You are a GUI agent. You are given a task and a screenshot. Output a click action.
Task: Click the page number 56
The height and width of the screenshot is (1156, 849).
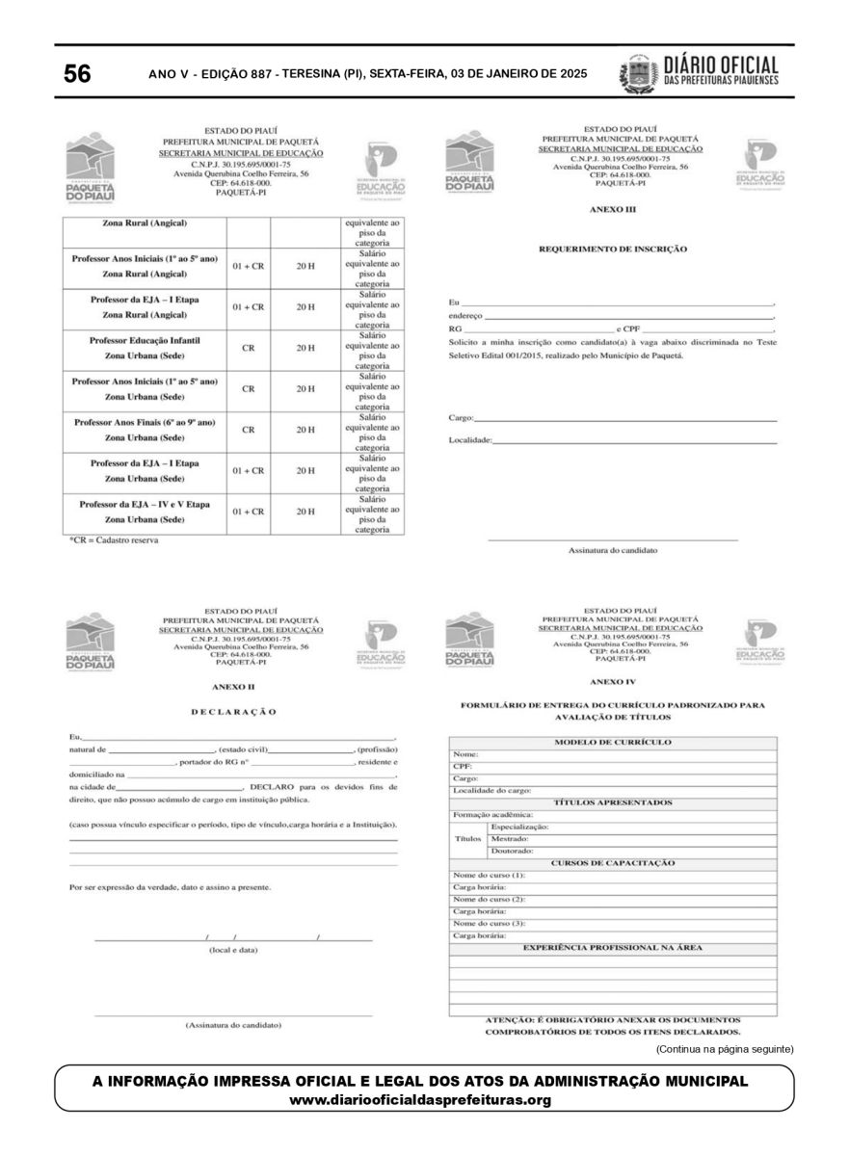pyautogui.click(x=77, y=74)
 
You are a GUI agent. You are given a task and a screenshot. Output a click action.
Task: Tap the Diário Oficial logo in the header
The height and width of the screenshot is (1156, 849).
pyautogui.click(x=699, y=73)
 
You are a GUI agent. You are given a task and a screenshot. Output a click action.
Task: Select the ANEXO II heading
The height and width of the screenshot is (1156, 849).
pyautogui.click(x=233, y=686)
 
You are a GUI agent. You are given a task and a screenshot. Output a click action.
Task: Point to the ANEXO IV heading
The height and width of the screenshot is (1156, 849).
pyautogui.click(x=613, y=681)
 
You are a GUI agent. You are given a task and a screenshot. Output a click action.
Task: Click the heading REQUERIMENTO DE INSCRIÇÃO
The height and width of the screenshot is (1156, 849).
pyautogui.click(x=612, y=249)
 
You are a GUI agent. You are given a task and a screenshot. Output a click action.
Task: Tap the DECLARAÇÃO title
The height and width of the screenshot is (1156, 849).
pyautogui.click(x=233, y=712)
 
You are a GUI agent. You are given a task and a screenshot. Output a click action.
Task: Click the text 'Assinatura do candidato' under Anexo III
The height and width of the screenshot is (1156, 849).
pyautogui.click(x=612, y=550)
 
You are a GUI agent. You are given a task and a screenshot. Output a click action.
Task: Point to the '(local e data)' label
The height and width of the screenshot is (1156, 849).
pyautogui.click(x=233, y=950)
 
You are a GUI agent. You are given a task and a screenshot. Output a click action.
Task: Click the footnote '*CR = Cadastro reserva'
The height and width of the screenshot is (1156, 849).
pyautogui.click(x=114, y=540)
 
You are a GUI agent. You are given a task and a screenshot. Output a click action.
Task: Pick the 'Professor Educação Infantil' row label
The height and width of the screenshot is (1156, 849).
pyautogui.click(x=145, y=341)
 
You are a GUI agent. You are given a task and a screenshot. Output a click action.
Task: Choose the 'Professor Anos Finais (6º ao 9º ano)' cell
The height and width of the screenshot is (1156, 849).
pyautogui.click(x=145, y=423)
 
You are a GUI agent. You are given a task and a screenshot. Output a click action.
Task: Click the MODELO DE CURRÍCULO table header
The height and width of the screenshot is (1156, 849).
pyautogui.click(x=613, y=743)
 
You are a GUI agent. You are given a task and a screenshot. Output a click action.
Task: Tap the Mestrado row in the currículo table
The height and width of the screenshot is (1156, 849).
pyautogui.click(x=510, y=839)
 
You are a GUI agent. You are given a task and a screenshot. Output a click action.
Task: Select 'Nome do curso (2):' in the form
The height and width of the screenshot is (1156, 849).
pyautogui.click(x=490, y=899)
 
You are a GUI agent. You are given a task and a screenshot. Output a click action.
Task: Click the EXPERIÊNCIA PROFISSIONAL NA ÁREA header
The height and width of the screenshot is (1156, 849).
pyautogui.click(x=613, y=948)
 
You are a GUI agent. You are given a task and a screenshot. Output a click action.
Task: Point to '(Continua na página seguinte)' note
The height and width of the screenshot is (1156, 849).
pyautogui.click(x=725, y=1047)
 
